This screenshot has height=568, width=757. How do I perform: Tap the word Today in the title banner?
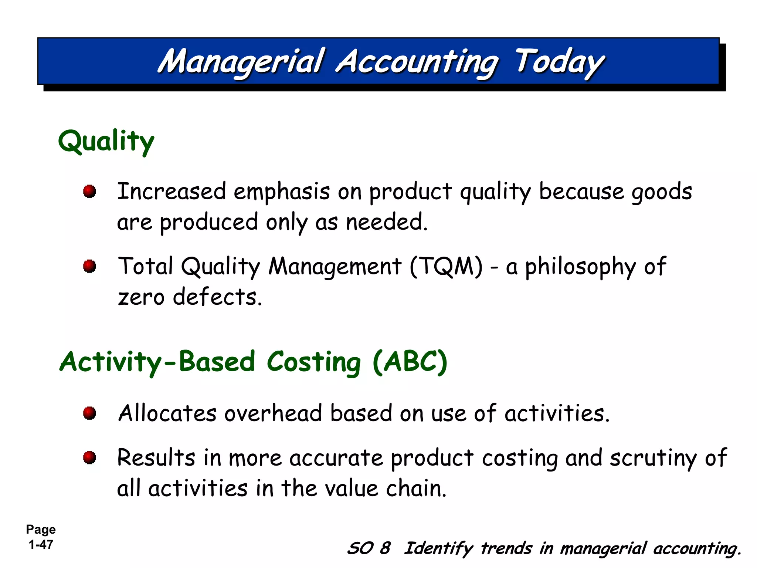pyautogui.click(x=559, y=62)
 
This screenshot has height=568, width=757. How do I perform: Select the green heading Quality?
pyautogui.click(x=106, y=141)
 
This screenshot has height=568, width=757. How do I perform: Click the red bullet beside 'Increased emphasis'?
pyautogui.click(x=89, y=192)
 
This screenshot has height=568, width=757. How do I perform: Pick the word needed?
pyautogui.click(x=386, y=223)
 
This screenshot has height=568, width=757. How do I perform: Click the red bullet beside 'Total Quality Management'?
pyautogui.click(x=89, y=266)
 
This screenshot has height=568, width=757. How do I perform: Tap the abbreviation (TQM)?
pyautogui.click(x=446, y=266)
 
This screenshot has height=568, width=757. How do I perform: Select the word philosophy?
pyautogui.click(x=580, y=267)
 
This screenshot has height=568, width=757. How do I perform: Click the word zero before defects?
pyautogui.click(x=141, y=297)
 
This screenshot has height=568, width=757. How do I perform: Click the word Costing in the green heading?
pyautogui.click(x=313, y=362)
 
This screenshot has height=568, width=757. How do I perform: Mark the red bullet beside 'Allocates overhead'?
pyautogui.click(x=89, y=413)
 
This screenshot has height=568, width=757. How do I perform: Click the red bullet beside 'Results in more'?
pyautogui.click(x=89, y=458)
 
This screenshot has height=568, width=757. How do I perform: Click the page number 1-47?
pyautogui.click(x=41, y=545)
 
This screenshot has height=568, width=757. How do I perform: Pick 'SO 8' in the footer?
pyautogui.click(x=369, y=548)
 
